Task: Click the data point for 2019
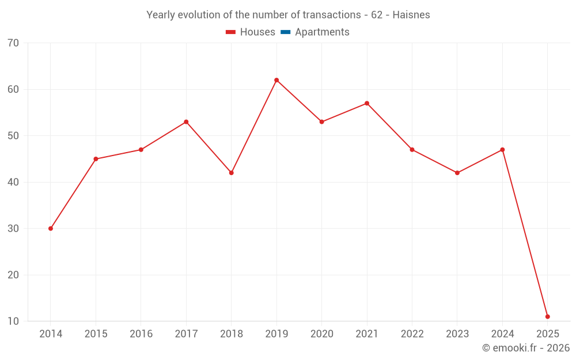click(276, 80)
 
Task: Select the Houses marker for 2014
click(51, 229)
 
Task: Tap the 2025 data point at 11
click(547, 317)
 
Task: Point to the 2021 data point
click(367, 104)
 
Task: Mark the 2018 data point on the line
click(232, 173)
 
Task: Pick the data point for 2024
click(502, 150)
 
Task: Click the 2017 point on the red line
click(186, 122)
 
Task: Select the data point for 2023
click(457, 173)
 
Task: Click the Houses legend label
click(257, 32)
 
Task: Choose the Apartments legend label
click(322, 32)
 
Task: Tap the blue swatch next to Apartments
click(285, 32)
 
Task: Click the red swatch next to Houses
click(230, 32)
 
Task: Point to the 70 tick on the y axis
click(13, 43)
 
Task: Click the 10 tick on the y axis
click(13, 321)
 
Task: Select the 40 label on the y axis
click(13, 182)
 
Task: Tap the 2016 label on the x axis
click(141, 334)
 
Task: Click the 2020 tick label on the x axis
click(321, 334)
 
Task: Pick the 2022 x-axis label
click(412, 334)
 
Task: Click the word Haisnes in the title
click(411, 15)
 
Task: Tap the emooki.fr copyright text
click(526, 348)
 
